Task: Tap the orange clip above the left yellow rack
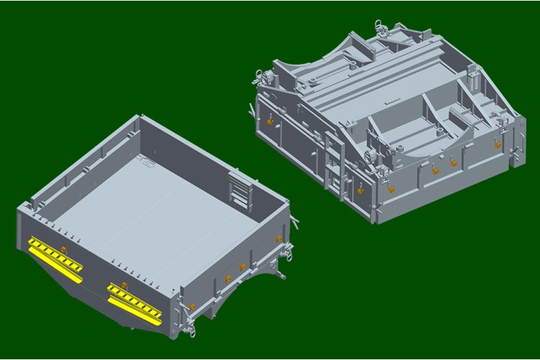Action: (x=63, y=249)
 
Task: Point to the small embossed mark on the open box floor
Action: (x=148, y=161)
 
